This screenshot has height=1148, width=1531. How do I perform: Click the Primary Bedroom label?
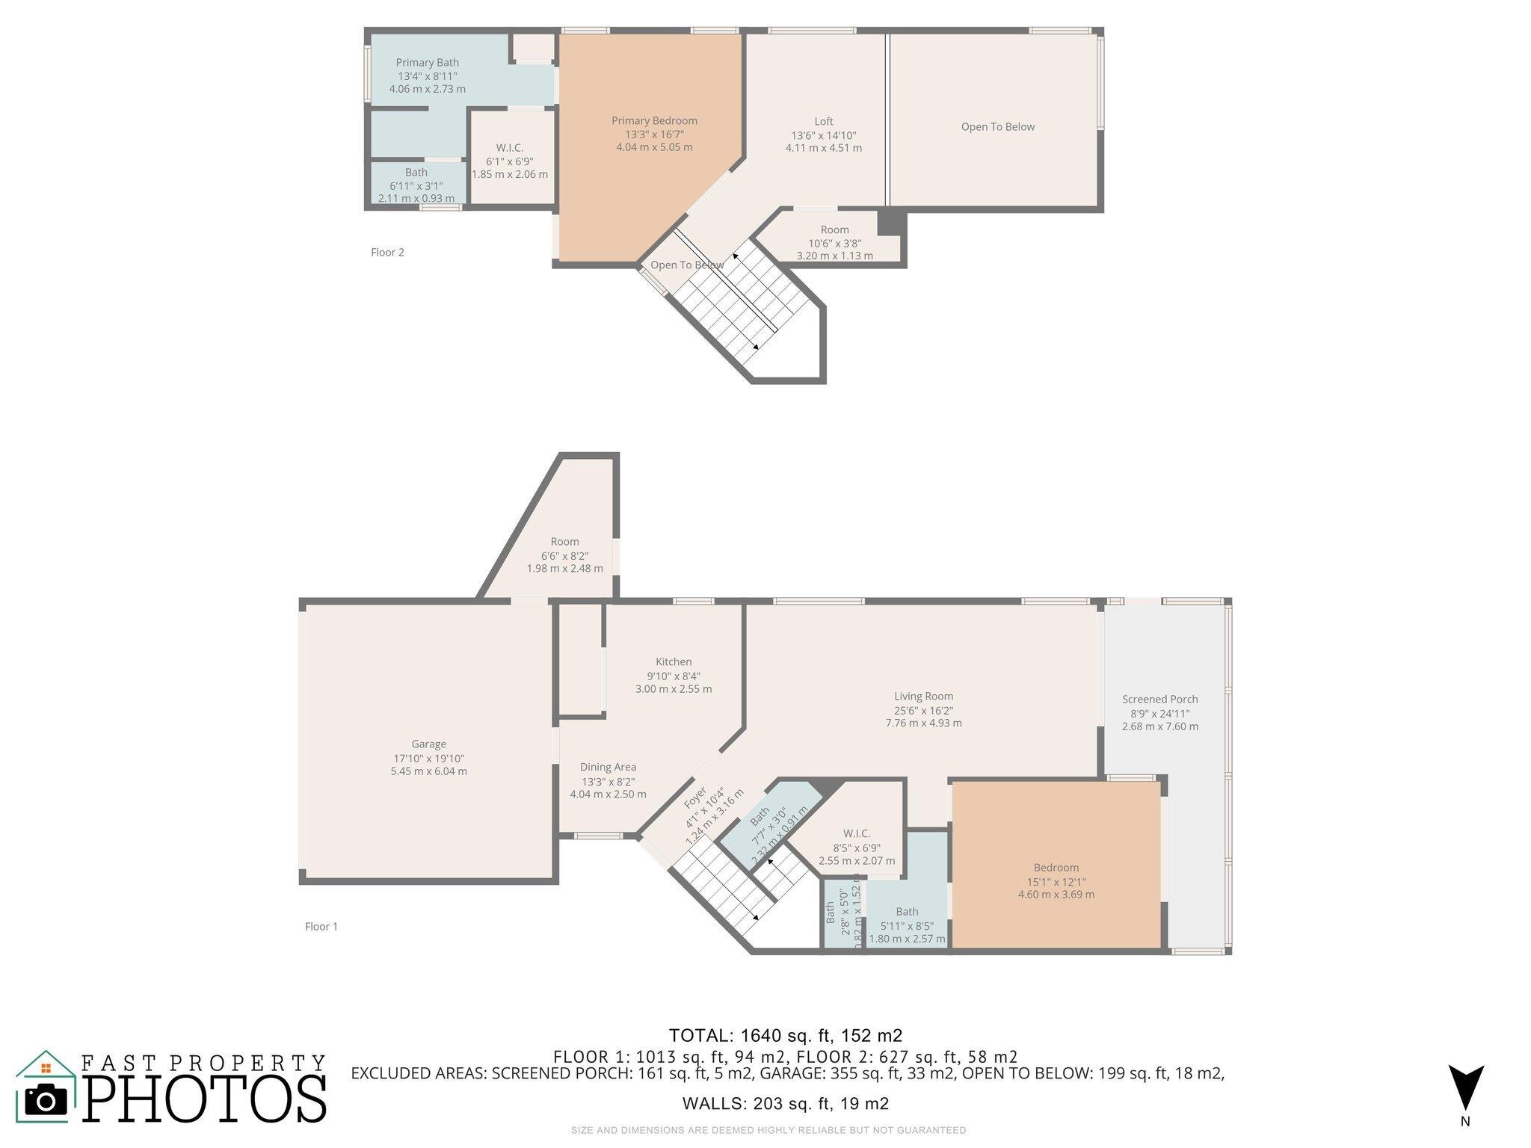coord(654,121)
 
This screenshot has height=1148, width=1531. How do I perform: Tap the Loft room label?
coord(823,122)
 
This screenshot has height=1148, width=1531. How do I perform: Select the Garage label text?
coord(428,744)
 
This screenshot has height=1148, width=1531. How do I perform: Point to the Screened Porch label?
coord(1159,700)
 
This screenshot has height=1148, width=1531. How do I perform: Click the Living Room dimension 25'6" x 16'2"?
coord(923,710)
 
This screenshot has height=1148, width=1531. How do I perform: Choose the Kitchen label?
coord(674,662)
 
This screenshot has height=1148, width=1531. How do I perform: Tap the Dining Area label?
coord(608,767)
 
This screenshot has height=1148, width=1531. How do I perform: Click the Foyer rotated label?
coord(695,797)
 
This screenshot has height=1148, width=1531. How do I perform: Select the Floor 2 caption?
coord(387,253)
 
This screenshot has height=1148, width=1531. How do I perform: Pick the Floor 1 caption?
coord(321,927)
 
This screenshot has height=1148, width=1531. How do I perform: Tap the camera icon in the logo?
coord(46,1100)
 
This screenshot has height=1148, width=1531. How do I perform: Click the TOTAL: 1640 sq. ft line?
coord(785,1036)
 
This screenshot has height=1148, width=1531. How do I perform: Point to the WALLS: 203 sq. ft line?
coord(785,1104)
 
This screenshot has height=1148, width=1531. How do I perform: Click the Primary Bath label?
coord(427,63)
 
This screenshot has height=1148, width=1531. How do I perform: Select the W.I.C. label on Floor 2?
coord(509,148)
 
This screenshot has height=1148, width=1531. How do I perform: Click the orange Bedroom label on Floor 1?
coord(1056,868)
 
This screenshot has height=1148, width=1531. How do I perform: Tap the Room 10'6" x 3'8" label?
coord(834,230)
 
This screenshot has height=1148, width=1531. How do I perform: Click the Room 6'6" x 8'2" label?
coord(564,542)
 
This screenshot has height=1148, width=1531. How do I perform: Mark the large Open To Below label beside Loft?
coord(997,127)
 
